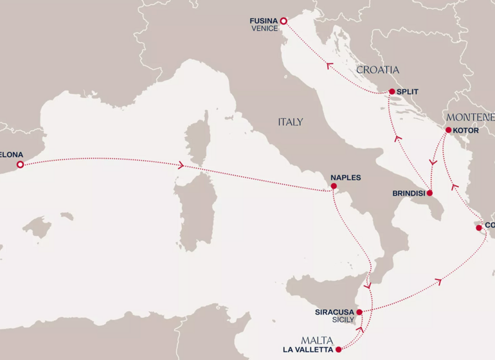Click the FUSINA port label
click(x=264, y=21)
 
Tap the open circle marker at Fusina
click(x=283, y=21)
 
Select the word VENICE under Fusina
click(x=265, y=29)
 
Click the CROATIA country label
click(x=378, y=69)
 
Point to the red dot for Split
click(x=390, y=92)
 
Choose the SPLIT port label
click(x=407, y=92)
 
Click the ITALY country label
click(x=291, y=122)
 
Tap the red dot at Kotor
click(x=447, y=130)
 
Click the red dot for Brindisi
click(x=430, y=193)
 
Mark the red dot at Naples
click(x=333, y=186)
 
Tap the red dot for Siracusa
click(x=359, y=312)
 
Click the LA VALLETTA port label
click(x=309, y=350)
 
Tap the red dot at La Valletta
click(x=338, y=350)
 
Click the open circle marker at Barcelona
click(x=20, y=165)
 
